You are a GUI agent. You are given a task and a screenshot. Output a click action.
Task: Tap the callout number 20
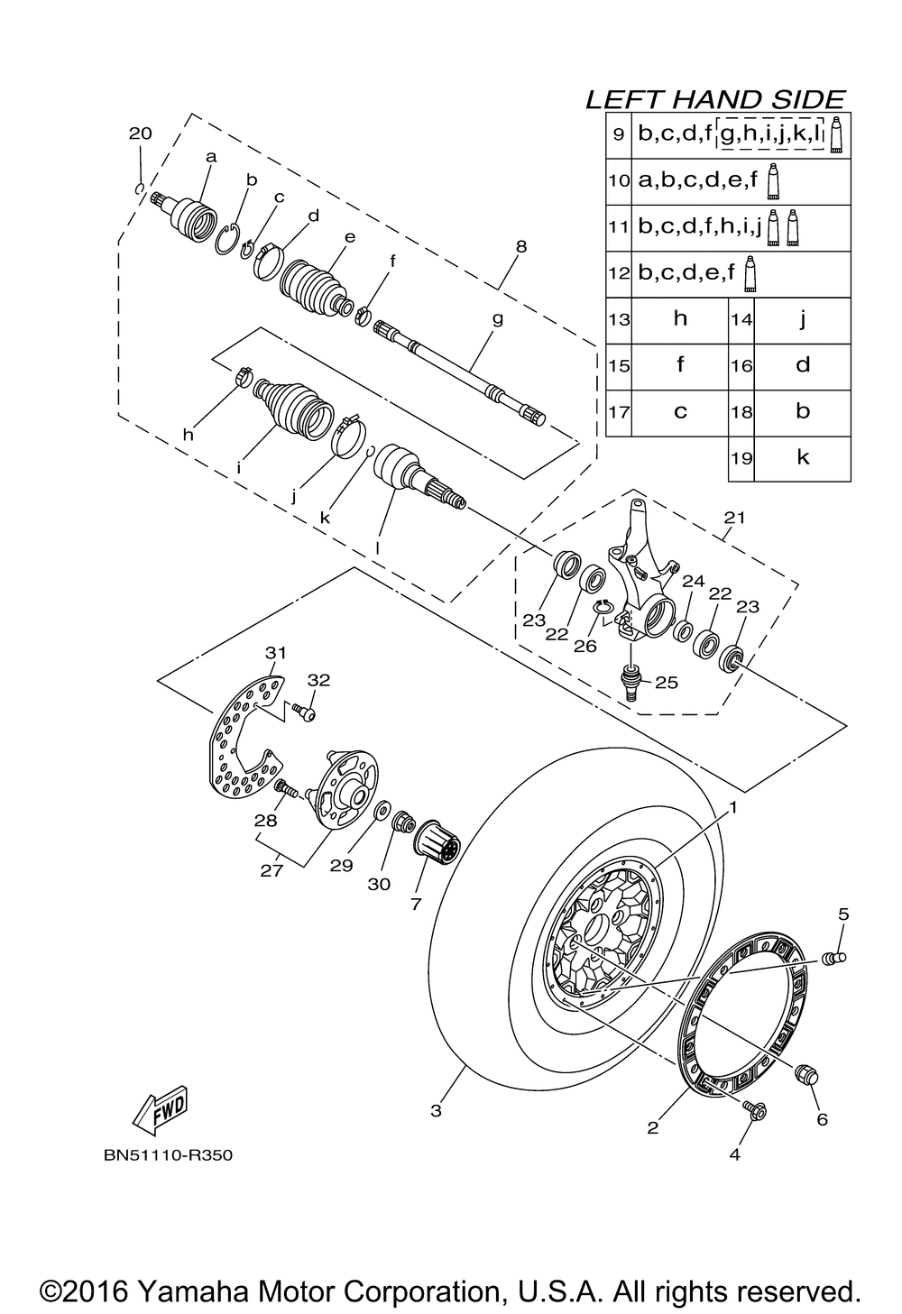tap(140, 133)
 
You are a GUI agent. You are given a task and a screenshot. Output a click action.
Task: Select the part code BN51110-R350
tap(168, 1155)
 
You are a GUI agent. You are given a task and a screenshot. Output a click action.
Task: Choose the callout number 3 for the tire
tap(436, 1110)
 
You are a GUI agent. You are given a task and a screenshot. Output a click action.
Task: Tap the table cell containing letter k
tap(803, 457)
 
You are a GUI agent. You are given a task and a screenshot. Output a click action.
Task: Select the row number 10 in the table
tap(618, 180)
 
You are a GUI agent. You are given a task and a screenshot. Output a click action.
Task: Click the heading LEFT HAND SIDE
tap(715, 99)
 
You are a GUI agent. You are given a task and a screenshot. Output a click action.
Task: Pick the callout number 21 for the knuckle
tap(735, 517)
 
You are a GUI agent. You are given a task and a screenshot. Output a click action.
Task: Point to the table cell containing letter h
tap(680, 318)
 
